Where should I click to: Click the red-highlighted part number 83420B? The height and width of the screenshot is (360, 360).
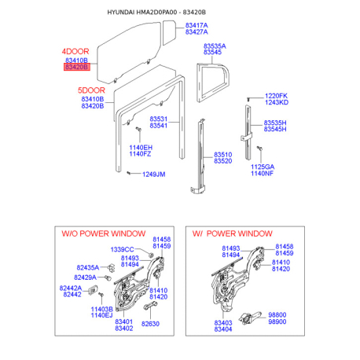click(x=77, y=67)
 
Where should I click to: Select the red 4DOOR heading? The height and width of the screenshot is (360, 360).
click(x=75, y=51)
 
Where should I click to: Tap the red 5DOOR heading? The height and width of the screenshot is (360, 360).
click(x=91, y=90)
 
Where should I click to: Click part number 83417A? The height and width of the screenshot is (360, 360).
click(x=197, y=25)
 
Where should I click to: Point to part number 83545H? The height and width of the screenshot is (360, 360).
click(x=275, y=129)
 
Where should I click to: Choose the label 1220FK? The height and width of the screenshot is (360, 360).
click(x=276, y=96)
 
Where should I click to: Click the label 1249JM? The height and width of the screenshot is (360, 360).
click(x=154, y=174)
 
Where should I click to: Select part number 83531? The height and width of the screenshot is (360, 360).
click(x=159, y=119)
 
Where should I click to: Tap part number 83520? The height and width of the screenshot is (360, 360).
click(x=223, y=161)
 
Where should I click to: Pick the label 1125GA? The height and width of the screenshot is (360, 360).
click(x=263, y=167)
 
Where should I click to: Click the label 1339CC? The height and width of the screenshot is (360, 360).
click(x=122, y=249)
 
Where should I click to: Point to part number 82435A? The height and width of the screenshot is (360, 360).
click(x=88, y=267)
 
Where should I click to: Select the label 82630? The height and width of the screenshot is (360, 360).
click(x=150, y=324)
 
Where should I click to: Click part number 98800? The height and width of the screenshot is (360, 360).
click(x=277, y=315)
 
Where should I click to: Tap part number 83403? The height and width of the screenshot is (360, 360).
click(x=223, y=323)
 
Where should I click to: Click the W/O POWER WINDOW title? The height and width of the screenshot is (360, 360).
click(x=104, y=233)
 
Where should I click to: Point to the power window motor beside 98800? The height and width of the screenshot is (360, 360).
click(x=250, y=318)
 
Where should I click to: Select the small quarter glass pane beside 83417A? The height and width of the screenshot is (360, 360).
click(x=169, y=32)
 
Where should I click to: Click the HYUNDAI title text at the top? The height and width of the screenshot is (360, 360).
click(x=121, y=13)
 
